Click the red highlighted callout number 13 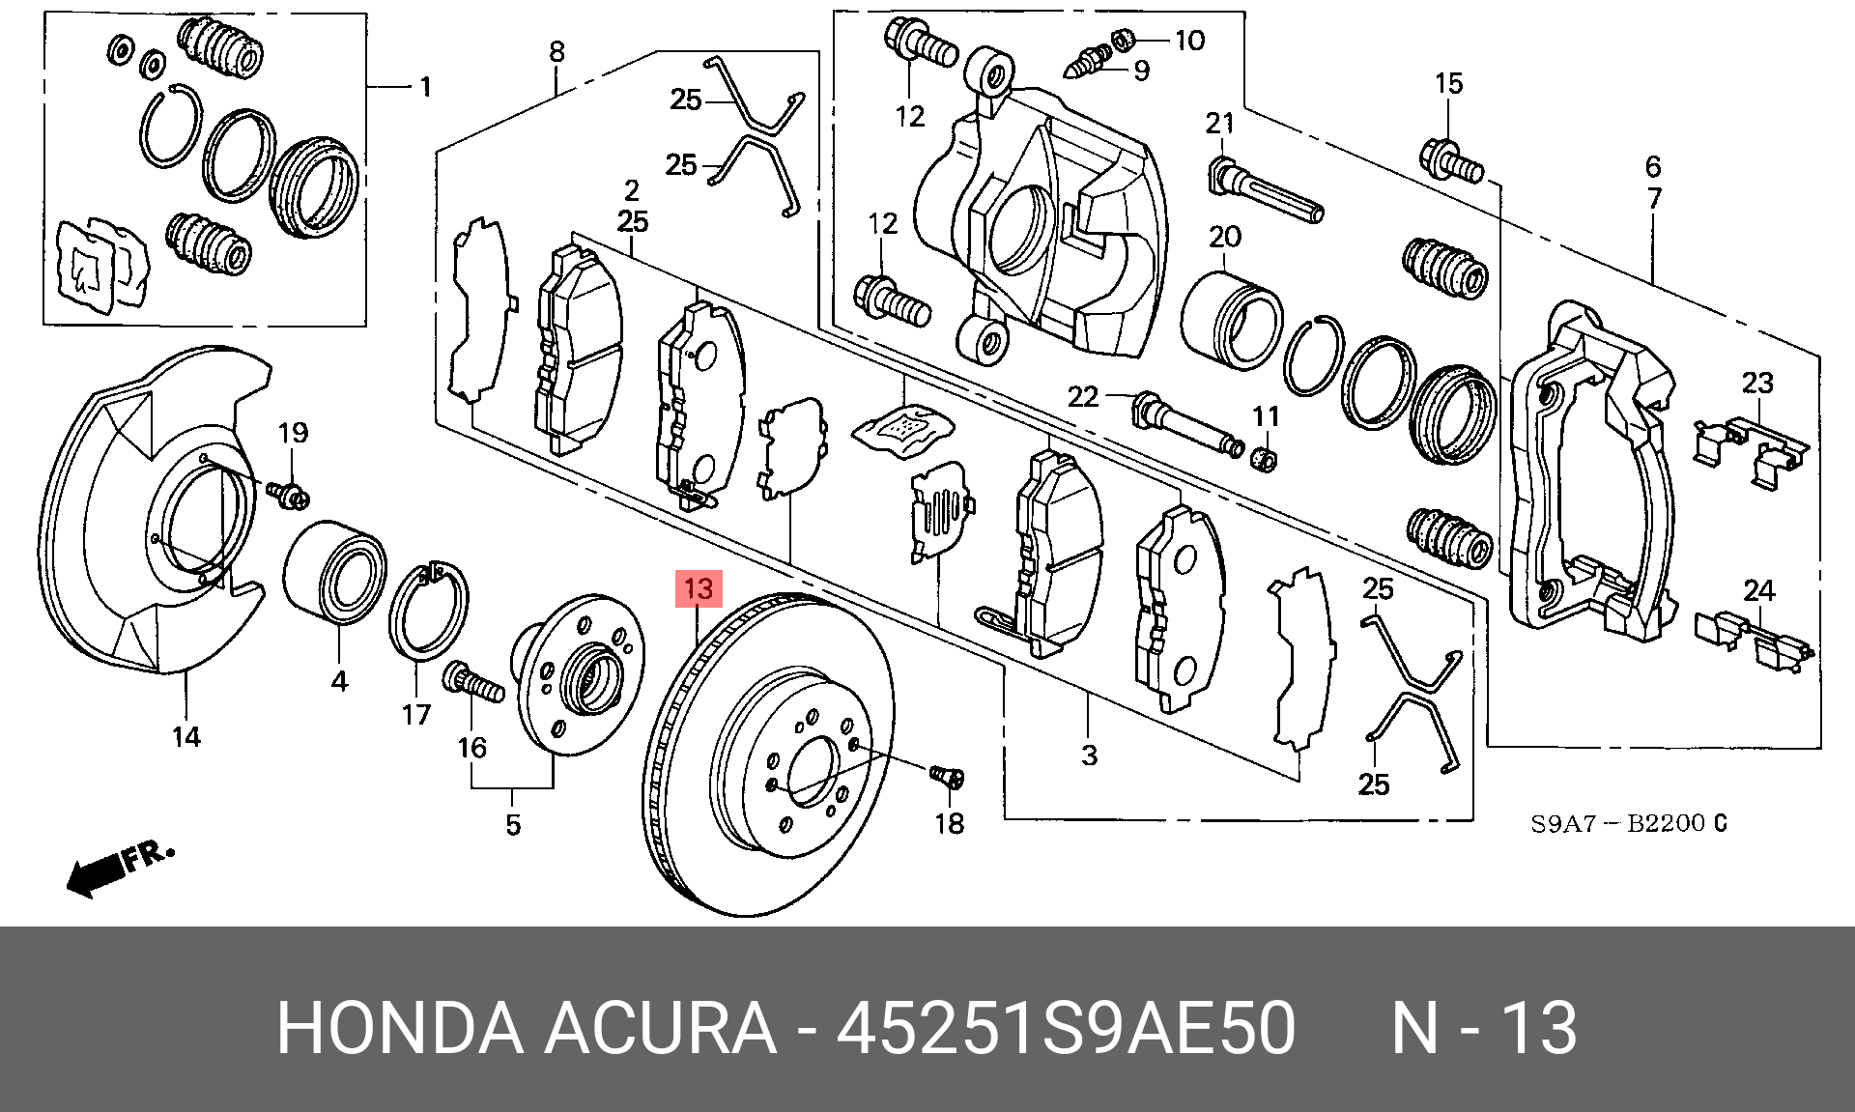pyautogui.click(x=699, y=587)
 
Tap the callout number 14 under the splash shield pyautogui.click(x=186, y=737)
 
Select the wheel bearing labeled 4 pyautogui.click(x=335, y=573)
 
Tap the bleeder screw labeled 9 pyautogui.click(x=1091, y=62)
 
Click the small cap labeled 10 pyautogui.click(x=1123, y=41)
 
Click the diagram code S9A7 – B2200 pyautogui.click(x=1628, y=824)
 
